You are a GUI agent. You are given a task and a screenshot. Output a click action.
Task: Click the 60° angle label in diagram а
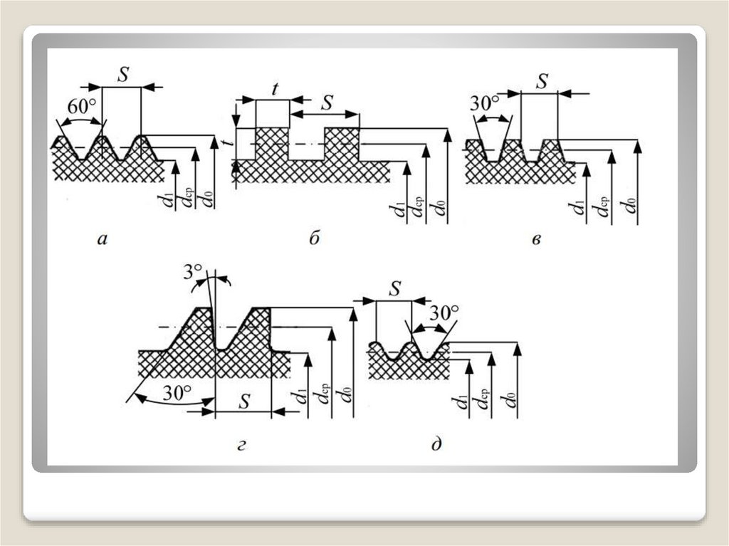83,107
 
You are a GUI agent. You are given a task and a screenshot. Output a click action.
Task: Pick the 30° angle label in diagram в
485,104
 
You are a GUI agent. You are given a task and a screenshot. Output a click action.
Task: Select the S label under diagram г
243,401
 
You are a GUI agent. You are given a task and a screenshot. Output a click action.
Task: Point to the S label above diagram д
395,288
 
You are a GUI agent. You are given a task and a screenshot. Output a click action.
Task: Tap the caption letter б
314,239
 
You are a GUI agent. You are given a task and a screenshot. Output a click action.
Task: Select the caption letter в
537,240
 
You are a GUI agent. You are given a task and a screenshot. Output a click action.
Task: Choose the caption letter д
436,446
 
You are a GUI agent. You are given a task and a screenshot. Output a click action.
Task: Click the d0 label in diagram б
441,209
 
